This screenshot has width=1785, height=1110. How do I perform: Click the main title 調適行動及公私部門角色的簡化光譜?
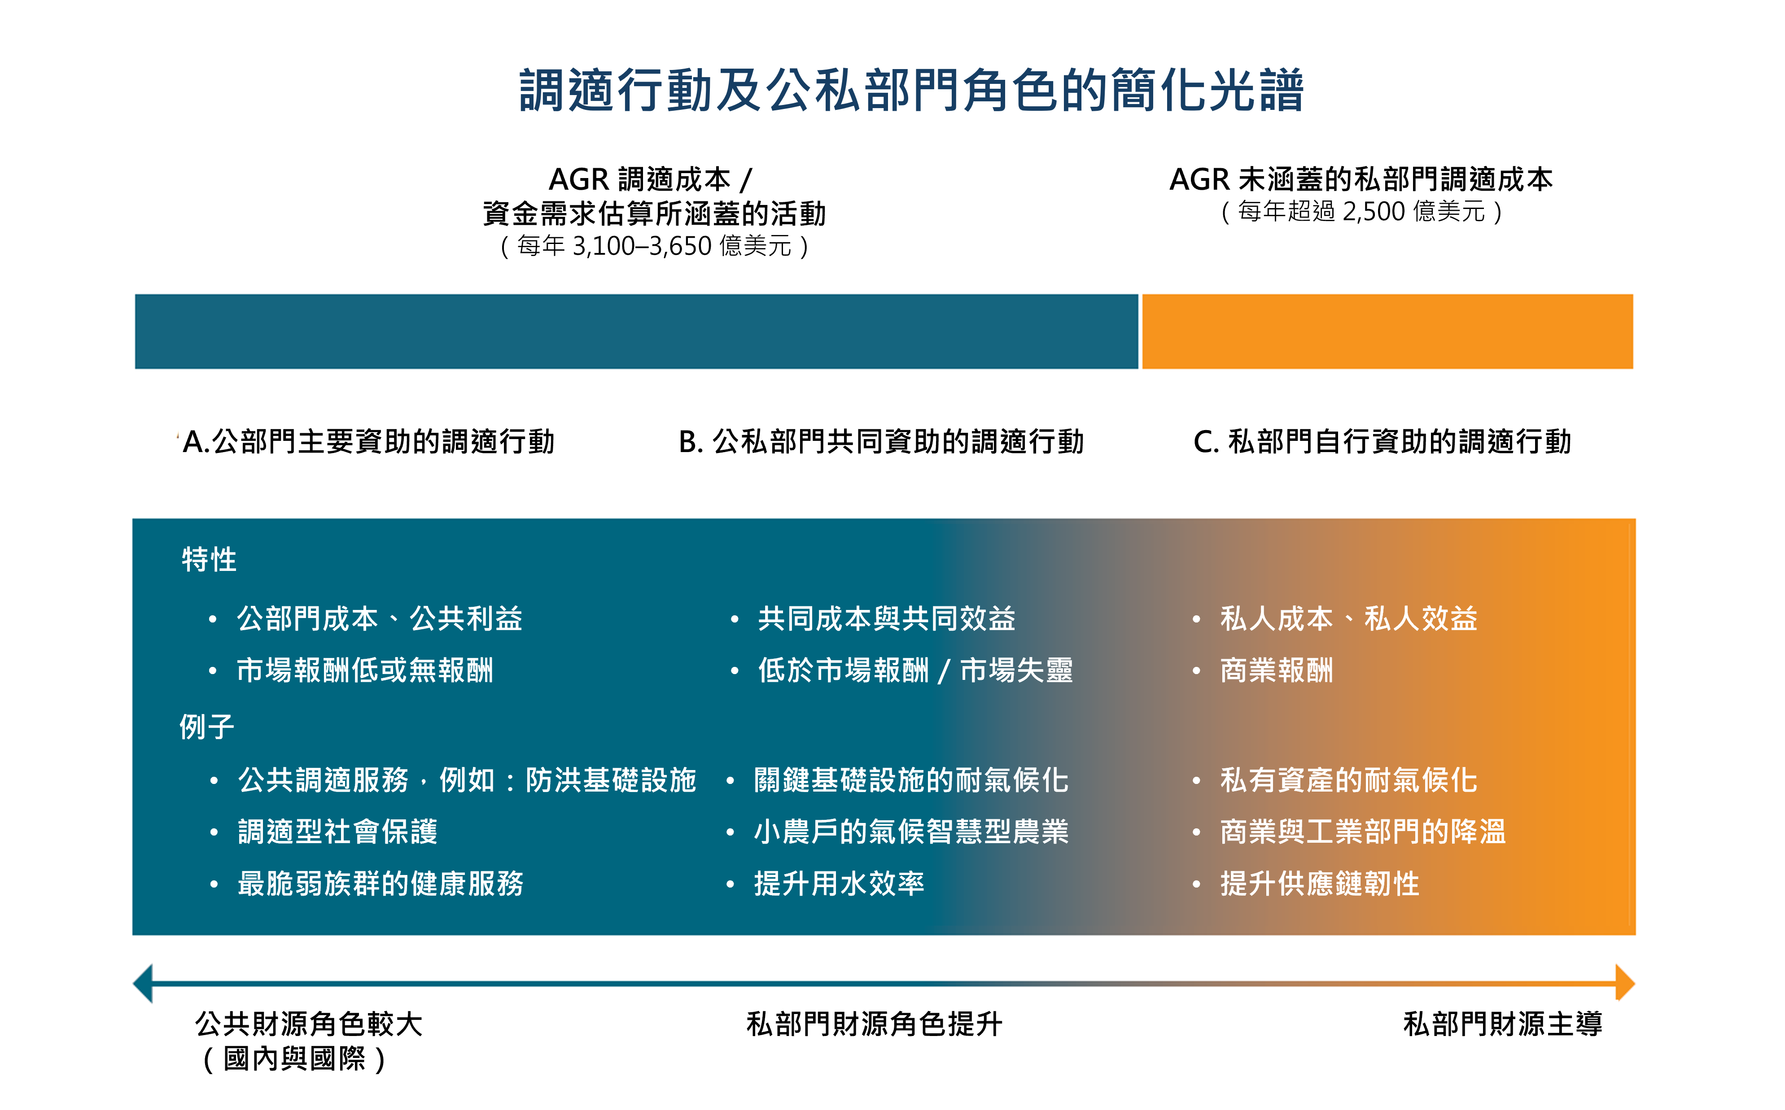pos(911,91)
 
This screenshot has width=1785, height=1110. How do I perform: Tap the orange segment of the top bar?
pos(1387,331)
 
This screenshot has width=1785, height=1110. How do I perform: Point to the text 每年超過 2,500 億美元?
pos(1361,211)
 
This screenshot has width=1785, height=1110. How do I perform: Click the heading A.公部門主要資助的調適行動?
pos(368,442)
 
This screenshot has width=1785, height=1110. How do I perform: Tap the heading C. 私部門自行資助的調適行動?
pos(1382,442)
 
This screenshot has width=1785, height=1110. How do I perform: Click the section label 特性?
pos(209,559)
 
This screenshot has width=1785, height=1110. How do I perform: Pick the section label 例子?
pos(207,727)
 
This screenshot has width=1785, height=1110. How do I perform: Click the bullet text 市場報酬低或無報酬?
pos(365,670)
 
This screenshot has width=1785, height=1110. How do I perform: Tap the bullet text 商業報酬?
pos(1276,670)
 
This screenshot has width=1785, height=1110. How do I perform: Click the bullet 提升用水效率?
pos(839,883)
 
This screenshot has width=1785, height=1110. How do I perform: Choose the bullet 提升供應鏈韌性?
pos(1320,883)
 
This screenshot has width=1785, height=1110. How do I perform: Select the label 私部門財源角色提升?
pos(874,1024)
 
